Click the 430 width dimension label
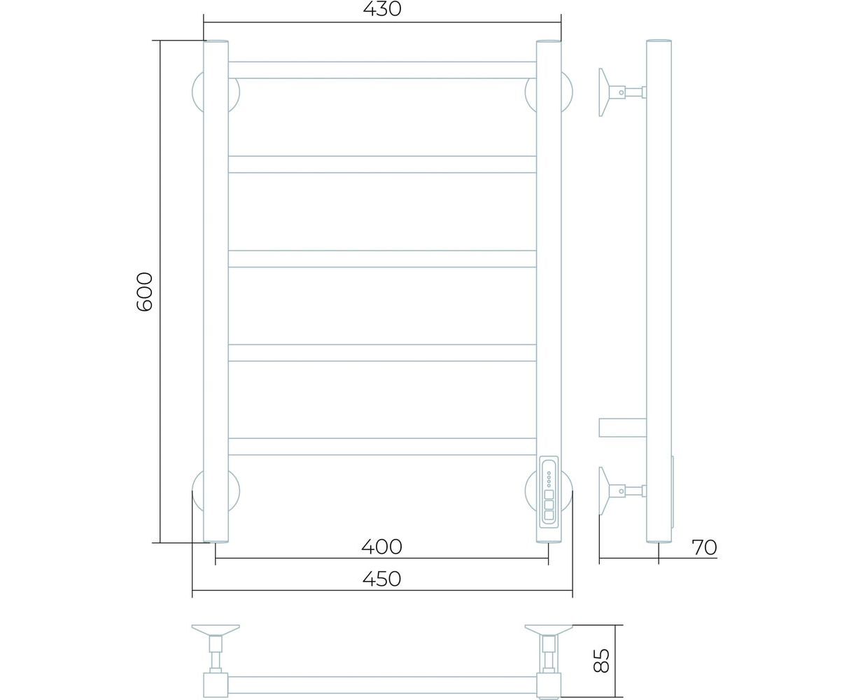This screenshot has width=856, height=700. pos(382,9)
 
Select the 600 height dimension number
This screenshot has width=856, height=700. pos(144,292)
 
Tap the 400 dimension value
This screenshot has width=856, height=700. pos(381,547)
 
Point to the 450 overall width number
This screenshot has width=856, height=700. pos(381,579)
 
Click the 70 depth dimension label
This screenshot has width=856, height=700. pos(704,547)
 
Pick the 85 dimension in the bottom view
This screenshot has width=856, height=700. pos(601,661)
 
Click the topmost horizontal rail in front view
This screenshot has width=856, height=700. pos(382,70)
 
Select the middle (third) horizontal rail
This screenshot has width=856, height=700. pos(382,258)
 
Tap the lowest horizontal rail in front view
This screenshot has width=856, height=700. pos(382,447)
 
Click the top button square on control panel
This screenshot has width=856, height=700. pos(548,495)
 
